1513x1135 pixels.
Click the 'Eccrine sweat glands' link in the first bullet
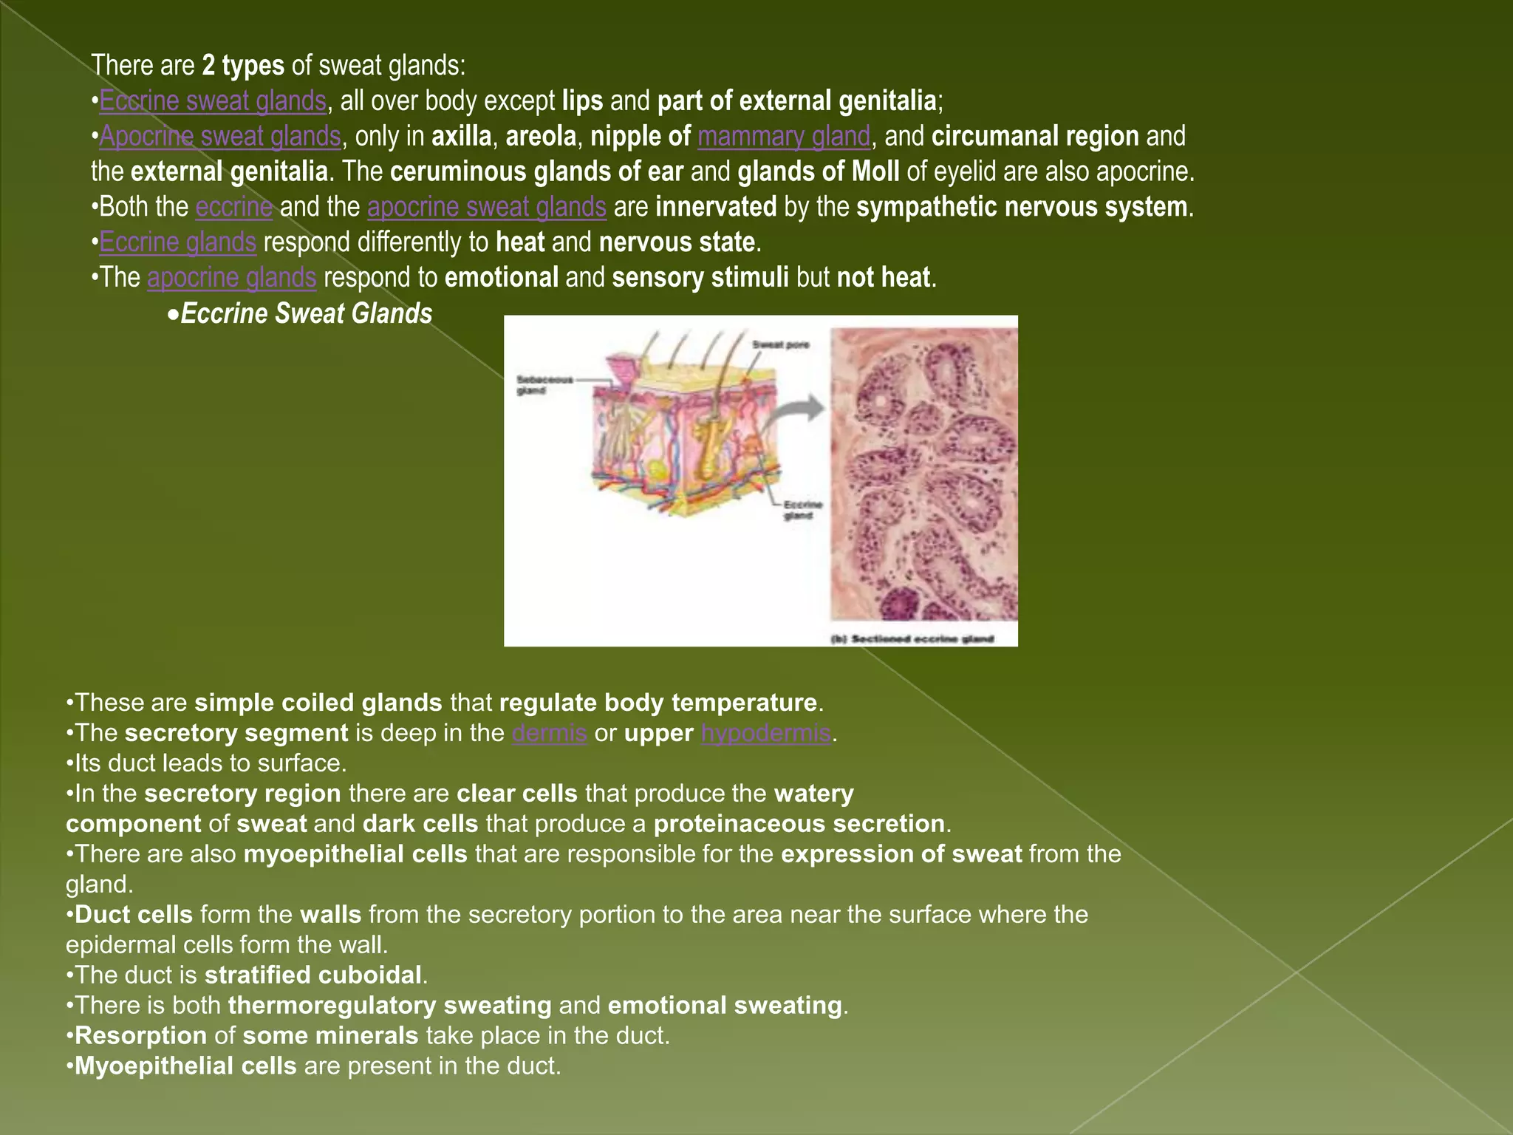pos(213,100)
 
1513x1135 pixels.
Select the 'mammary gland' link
pos(784,136)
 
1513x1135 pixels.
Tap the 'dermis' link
pos(550,732)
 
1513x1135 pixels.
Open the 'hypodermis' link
pos(766,732)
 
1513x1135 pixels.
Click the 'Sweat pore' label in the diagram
pos(780,345)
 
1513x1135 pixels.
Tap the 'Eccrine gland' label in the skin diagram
pos(802,510)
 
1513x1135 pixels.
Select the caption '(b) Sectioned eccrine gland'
pos(913,638)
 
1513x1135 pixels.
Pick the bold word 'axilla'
pos(462,136)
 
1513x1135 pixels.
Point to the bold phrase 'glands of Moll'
pos(819,171)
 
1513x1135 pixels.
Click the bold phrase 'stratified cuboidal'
pos(313,975)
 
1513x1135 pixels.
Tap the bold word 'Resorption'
pos(141,1035)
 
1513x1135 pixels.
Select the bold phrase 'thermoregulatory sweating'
pos(390,1005)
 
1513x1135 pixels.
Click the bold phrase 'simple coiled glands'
pos(318,702)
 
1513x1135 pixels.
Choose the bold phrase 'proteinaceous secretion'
pos(799,823)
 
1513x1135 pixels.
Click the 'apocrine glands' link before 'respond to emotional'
pos(232,278)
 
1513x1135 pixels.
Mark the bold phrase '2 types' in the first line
pos(243,66)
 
